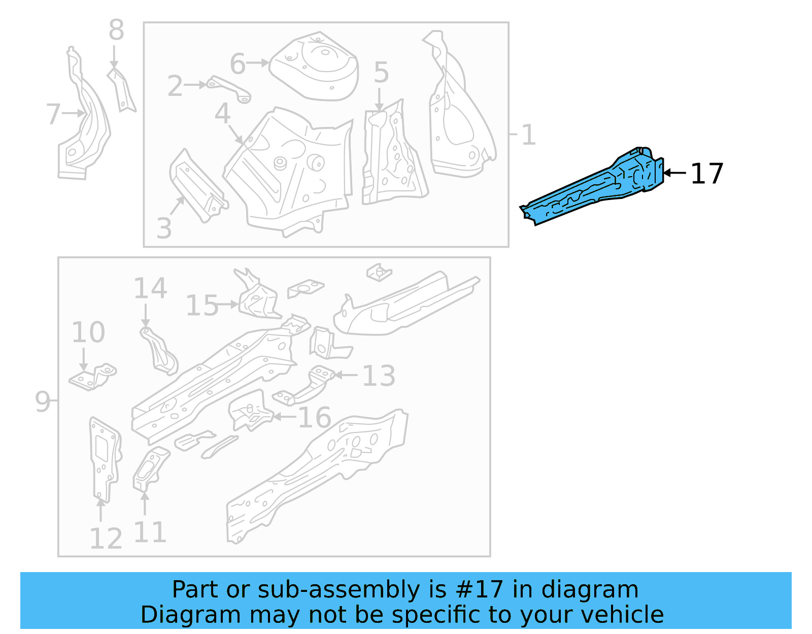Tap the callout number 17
[x=706, y=174]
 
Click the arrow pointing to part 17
[x=675, y=173]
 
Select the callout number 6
[x=238, y=64]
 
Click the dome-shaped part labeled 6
[x=315, y=66]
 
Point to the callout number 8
[x=116, y=30]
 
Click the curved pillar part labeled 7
[x=84, y=132]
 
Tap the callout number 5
[x=381, y=73]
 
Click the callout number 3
[x=164, y=228]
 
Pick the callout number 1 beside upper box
[x=528, y=135]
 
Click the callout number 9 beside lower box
[x=43, y=402]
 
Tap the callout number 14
[x=150, y=289]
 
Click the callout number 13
[x=379, y=376]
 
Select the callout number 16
[x=314, y=418]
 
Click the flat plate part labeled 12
[x=104, y=457]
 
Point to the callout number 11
[x=150, y=532]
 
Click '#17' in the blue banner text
[x=480, y=590]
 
